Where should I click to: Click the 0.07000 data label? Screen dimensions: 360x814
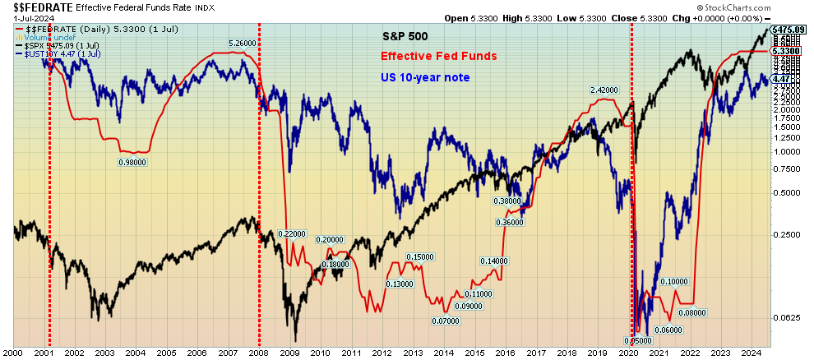point(445,321)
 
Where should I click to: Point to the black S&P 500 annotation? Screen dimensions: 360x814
point(405,37)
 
